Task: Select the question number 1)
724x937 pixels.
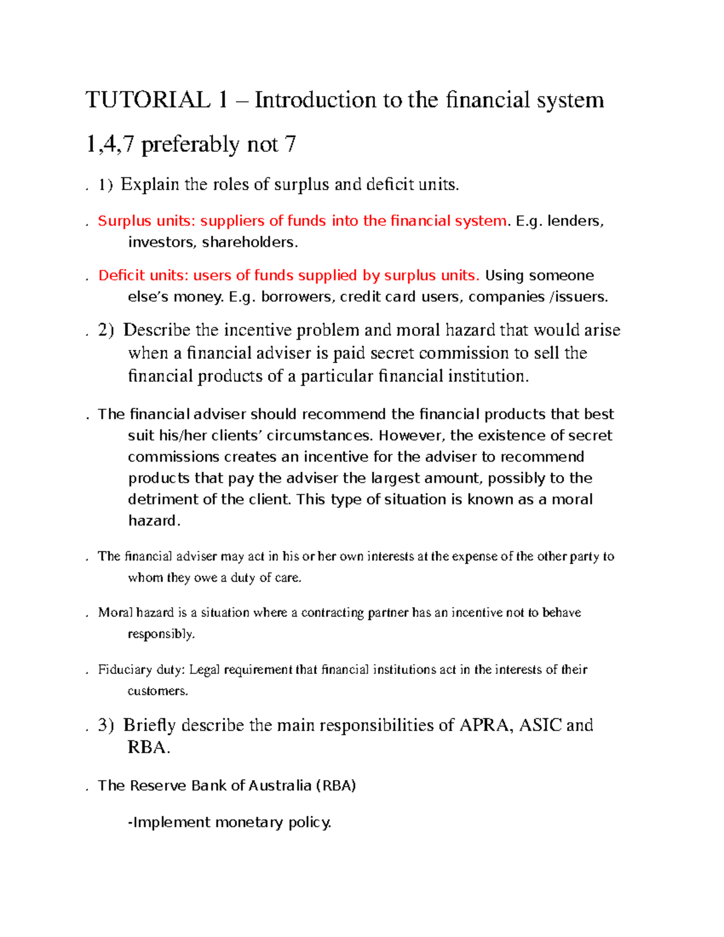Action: pos(106,185)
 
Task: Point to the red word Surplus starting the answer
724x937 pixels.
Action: pos(124,221)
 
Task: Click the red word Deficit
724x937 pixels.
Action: pos(121,276)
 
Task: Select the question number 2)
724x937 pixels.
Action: pos(106,331)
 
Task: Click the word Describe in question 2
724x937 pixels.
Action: pos(157,331)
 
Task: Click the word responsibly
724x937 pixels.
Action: pos(161,634)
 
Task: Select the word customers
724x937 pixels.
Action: pos(157,691)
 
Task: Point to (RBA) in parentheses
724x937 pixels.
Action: pos(335,786)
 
